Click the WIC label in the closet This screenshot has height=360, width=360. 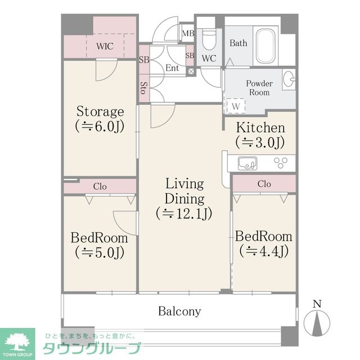click(x=105, y=46)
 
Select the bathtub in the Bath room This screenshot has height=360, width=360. click(x=265, y=46)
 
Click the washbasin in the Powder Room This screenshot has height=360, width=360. click(x=289, y=79)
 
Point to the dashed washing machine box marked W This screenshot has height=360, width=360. click(x=236, y=106)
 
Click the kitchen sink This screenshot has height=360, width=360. click(x=247, y=163)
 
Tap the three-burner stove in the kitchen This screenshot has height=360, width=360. click(x=281, y=163)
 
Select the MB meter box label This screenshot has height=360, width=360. click(x=188, y=34)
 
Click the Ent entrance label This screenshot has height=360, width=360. click(x=172, y=68)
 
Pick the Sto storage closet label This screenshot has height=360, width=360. click(x=144, y=88)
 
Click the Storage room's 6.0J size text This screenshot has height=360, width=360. click(x=100, y=126)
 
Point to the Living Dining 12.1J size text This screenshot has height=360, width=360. click(x=184, y=214)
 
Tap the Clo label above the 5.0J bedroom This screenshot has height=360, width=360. click(x=100, y=186)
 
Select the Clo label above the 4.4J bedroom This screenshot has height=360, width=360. click(x=264, y=184)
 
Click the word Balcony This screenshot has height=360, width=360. click(x=179, y=312)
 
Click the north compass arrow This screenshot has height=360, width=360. click(x=317, y=323)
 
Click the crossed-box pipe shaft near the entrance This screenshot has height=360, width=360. click(x=191, y=71)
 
